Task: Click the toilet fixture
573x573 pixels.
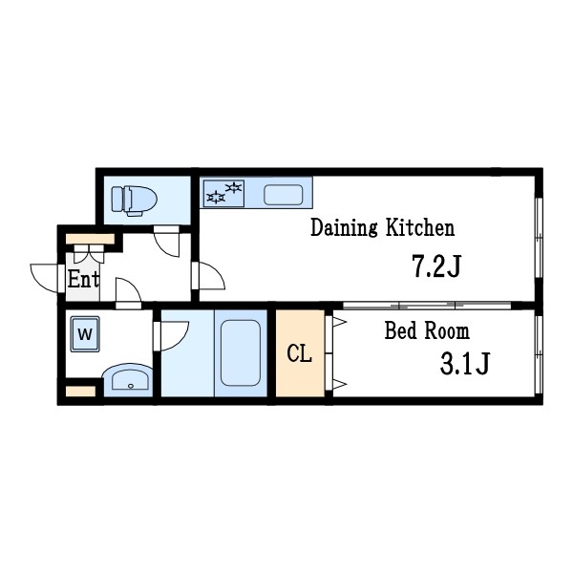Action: (x=134, y=201)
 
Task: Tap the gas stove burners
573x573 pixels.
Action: (x=223, y=193)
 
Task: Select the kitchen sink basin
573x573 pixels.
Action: (x=284, y=195)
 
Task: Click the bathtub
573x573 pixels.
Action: (x=241, y=353)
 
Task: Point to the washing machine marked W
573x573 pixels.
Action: (x=85, y=334)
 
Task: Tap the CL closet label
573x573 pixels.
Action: (x=299, y=354)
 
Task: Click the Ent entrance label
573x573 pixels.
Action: (x=83, y=280)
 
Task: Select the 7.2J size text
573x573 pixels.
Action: (x=436, y=266)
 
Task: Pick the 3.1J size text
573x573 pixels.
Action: (x=464, y=364)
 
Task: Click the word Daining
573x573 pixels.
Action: (x=344, y=227)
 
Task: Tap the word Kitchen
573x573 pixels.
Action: (x=420, y=227)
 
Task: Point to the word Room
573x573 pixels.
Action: (x=448, y=331)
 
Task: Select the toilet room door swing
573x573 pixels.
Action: (x=166, y=242)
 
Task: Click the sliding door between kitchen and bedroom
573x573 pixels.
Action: (x=427, y=306)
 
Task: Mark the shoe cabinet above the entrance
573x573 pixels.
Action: (x=90, y=240)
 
